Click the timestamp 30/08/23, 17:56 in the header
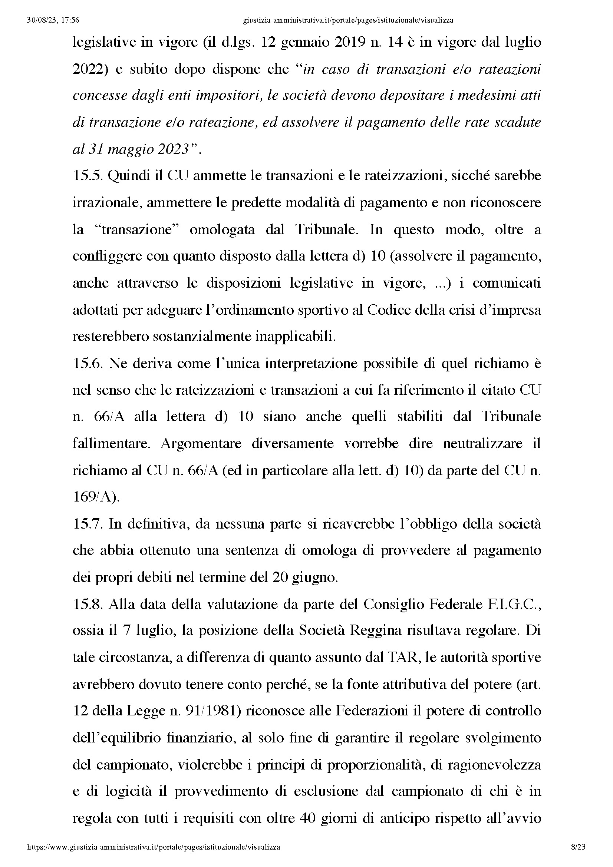pyautogui.click(x=53, y=20)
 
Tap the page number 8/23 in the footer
pyautogui.click(x=577, y=847)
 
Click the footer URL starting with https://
pyautogui.click(x=154, y=847)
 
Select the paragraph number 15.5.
pyautogui.click(x=88, y=176)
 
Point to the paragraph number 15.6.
pyautogui.click(x=88, y=363)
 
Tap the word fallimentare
pyautogui.click(x=111, y=443)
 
